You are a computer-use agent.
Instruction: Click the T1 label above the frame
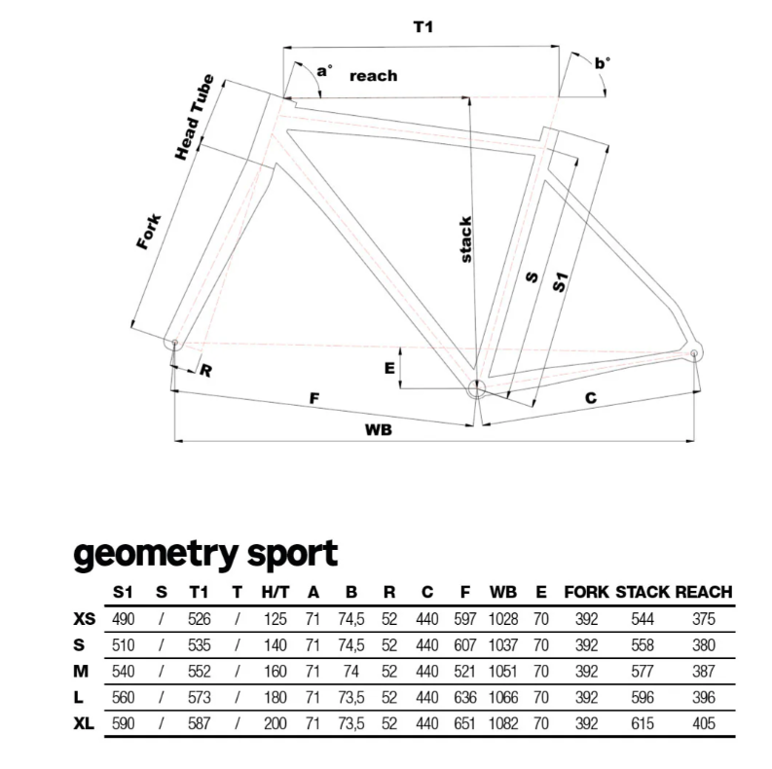click(423, 28)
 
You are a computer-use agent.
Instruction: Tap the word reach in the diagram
click(373, 76)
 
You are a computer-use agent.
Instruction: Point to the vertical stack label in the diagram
click(465, 239)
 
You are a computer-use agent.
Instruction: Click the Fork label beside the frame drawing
click(148, 232)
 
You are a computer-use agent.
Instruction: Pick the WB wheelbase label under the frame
click(378, 429)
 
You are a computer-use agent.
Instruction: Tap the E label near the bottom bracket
click(388, 368)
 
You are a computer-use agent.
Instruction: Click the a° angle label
click(324, 70)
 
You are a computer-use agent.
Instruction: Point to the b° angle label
click(603, 63)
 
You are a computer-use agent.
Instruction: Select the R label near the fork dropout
click(205, 370)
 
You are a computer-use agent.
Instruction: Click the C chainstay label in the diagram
click(590, 397)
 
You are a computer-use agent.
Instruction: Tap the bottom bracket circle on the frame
click(477, 389)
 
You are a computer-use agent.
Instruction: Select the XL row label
click(87, 724)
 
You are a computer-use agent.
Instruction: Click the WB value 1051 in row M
click(503, 672)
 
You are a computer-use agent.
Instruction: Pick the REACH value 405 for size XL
click(703, 724)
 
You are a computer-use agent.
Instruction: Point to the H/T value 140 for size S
click(276, 645)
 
